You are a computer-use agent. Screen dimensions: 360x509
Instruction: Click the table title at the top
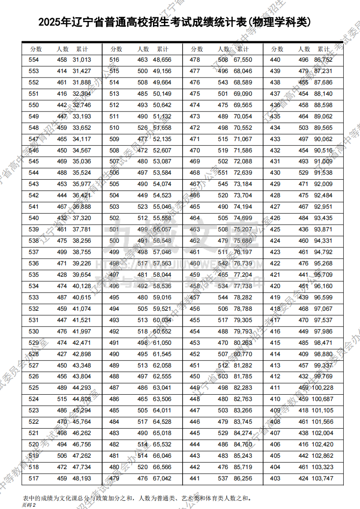point(180,22)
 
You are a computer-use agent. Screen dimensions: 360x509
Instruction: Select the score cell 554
point(34,60)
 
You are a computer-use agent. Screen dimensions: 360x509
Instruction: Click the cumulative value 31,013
point(82,60)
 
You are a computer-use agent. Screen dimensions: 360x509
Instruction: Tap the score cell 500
point(114,241)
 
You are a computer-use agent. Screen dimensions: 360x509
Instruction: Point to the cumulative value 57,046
point(162,252)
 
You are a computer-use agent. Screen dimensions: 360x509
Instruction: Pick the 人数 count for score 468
point(223,173)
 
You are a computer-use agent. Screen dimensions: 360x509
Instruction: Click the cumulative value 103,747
point(322,479)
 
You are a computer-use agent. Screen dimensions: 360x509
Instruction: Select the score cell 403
point(275,479)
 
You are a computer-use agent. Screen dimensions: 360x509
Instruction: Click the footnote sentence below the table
point(137,498)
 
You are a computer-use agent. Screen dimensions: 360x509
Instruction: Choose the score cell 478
point(195,60)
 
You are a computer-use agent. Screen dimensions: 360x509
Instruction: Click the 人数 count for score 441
point(223,479)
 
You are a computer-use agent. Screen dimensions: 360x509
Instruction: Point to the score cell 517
point(34,479)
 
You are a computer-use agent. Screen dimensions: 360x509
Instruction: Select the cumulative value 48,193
point(82,479)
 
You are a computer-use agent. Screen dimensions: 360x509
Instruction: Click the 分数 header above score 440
point(277,49)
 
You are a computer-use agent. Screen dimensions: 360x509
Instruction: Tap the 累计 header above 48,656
point(163,49)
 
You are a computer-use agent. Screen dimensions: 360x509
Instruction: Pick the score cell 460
point(195,264)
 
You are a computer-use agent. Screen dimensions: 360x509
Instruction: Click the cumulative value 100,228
point(322,388)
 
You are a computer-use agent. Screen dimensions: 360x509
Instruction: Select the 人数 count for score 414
point(303,354)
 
